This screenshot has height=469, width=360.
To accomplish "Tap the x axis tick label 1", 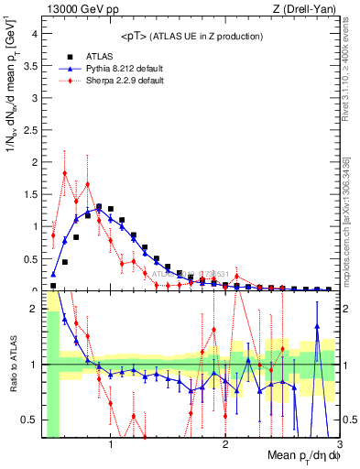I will (x=111, y=445).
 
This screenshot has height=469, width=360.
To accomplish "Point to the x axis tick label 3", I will (x=338, y=445).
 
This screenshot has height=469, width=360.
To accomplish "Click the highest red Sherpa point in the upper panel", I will (x=65, y=173).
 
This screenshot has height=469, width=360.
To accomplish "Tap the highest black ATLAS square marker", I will (x=99, y=207).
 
